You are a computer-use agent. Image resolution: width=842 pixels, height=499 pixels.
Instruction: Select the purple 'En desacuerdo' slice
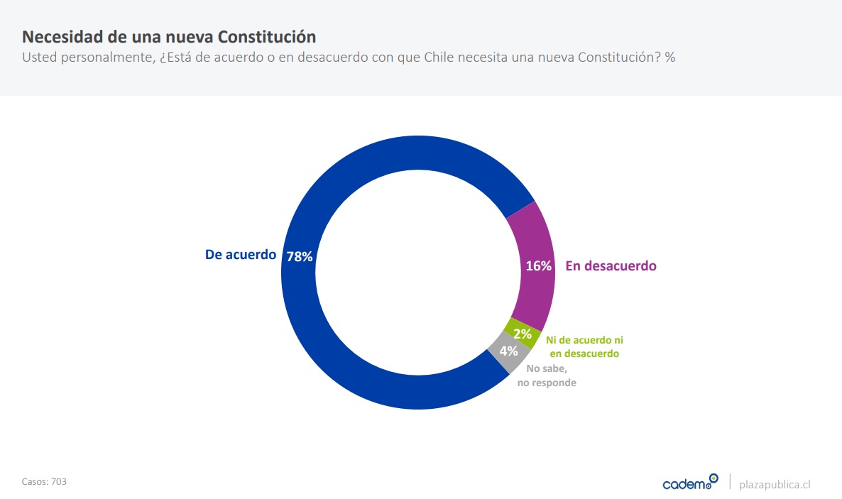pos(534,234)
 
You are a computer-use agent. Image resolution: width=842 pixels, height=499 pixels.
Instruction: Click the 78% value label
pos(300,257)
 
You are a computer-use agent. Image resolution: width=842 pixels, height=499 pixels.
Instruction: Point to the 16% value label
pos(538,266)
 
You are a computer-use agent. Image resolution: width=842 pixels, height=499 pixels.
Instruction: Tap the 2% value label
pos(523,334)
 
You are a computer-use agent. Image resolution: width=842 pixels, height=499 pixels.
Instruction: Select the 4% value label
pos(508,351)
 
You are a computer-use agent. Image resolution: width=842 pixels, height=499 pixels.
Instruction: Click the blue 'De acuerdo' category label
pos(240,254)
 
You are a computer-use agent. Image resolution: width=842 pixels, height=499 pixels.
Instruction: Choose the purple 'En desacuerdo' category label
pos(611,266)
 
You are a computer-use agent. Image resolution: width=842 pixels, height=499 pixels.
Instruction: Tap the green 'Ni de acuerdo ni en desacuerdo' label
pos(584,346)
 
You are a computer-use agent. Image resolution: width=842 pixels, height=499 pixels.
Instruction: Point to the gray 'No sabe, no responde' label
pos(551,375)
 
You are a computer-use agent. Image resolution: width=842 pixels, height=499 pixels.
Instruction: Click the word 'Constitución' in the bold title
pos(267,36)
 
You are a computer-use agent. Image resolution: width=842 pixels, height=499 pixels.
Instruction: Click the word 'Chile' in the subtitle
pos(440,57)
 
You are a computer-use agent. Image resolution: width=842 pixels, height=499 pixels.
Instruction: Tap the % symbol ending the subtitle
pos(669,57)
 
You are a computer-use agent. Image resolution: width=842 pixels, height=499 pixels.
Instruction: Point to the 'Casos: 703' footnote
pos(44,481)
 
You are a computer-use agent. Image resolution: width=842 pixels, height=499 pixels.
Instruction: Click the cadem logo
pos(689,483)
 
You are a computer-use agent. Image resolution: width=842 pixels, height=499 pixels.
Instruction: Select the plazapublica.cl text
pos(775,484)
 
